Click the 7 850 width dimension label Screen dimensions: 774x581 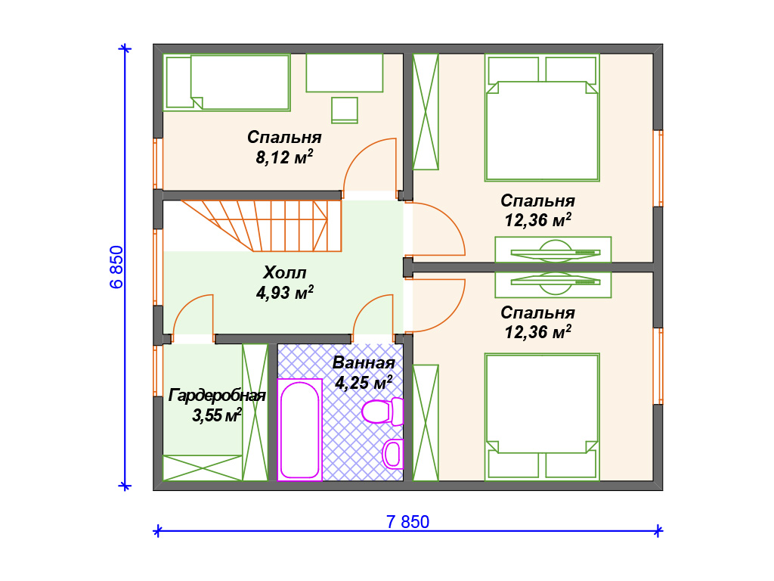[x=407, y=522]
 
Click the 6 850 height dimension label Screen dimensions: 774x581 [x=117, y=267]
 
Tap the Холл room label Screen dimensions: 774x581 [x=285, y=272]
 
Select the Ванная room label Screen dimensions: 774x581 [x=364, y=362]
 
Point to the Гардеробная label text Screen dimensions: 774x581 [x=217, y=395]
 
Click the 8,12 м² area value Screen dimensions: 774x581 [x=284, y=157]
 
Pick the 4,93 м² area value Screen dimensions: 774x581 [x=285, y=293]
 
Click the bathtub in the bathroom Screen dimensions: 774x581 [x=299, y=430]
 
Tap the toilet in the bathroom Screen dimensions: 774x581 [x=382, y=411]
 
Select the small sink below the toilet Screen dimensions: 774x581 [x=393, y=454]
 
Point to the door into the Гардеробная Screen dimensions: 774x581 [x=193, y=315]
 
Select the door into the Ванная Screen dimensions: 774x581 [x=373, y=315]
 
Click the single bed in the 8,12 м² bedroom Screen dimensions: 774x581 [x=227, y=82]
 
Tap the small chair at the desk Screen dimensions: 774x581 [x=345, y=110]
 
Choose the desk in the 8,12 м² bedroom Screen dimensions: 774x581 [x=345, y=73]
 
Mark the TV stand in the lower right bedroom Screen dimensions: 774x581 [x=553, y=284]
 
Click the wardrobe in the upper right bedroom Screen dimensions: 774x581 [x=426, y=112]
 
